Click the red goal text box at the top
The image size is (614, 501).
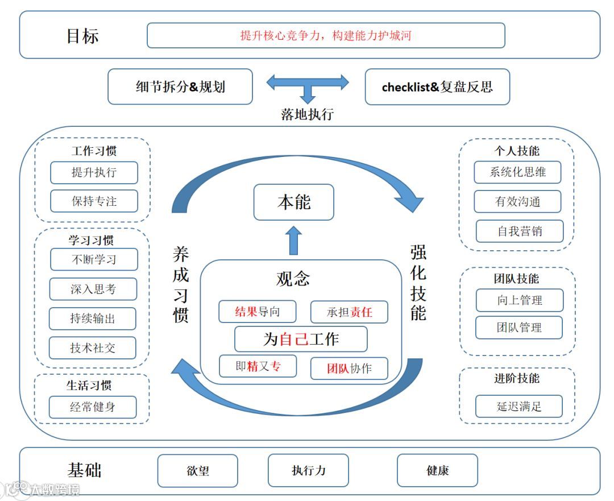pos(326,35)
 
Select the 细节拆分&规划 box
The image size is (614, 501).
pos(180,87)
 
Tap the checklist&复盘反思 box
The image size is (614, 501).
pos(437,87)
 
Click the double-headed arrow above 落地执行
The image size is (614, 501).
pos(308,83)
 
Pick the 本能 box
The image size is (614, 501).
pos(293,202)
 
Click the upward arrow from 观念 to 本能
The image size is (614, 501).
pos(293,240)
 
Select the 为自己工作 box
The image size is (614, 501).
pos(301,339)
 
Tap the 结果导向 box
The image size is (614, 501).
pos(258,312)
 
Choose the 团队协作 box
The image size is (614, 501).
pos(349,368)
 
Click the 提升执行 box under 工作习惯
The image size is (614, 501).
pos(94,172)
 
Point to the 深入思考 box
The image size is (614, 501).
pos(93,289)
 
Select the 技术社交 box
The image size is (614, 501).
pos(93,348)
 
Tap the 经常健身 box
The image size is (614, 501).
pos(93,407)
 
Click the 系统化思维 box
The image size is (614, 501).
pos(517,172)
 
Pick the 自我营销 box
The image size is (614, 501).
pos(519,231)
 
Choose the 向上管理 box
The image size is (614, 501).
pos(519,300)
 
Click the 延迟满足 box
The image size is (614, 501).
pos(519,407)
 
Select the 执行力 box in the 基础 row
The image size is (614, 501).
pos(308,470)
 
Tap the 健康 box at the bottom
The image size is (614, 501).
pos(437,470)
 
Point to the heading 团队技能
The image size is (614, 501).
pos(516,279)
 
